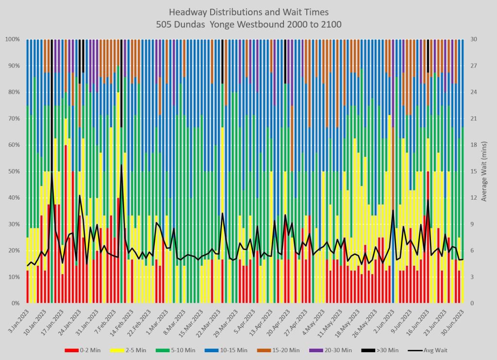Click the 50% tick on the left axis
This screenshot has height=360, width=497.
[x=13, y=171]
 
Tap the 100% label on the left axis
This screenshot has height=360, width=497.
[x=12, y=39]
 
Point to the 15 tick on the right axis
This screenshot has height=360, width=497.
[x=474, y=171]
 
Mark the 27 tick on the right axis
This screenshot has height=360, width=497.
[x=474, y=66]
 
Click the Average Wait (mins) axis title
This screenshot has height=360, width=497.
[x=483, y=171]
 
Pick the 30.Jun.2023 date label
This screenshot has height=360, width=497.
[x=454, y=321]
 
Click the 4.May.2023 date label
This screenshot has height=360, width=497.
[x=315, y=321]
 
